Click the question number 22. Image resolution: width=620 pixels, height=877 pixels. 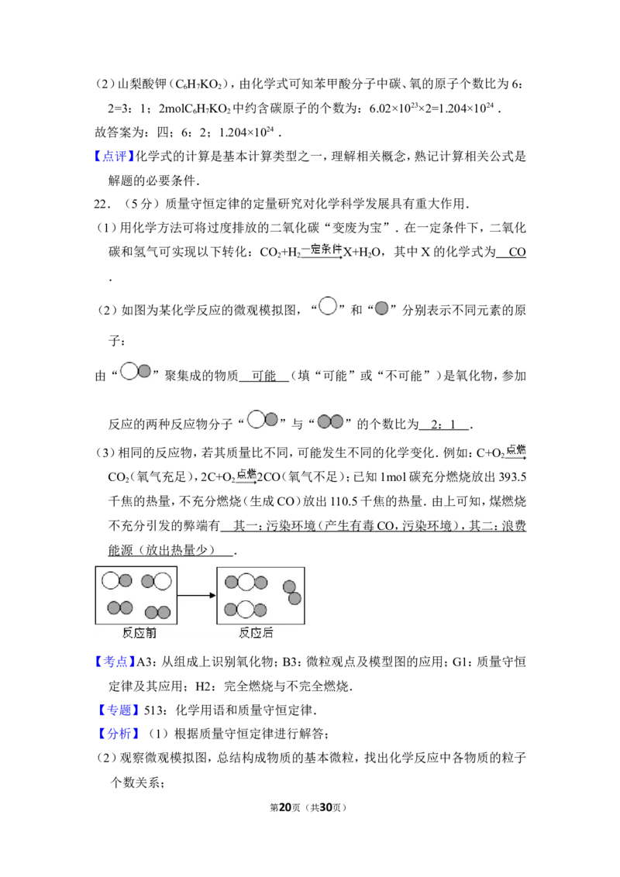tap(102, 205)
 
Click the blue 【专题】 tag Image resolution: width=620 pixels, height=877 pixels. tap(118, 710)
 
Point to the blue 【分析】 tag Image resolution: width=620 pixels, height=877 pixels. tap(118, 734)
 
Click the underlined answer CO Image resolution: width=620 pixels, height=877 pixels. tap(517, 253)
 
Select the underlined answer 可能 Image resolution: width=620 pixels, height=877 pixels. tap(263, 377)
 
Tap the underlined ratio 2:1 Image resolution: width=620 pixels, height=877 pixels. tap(444, 425)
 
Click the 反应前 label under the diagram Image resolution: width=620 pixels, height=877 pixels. tap(139, 633)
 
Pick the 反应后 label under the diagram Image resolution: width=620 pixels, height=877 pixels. tap(256, 633)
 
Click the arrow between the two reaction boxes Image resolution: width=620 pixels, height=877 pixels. tap(196, 595)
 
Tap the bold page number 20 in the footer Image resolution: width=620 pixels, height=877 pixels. tap(285, 807)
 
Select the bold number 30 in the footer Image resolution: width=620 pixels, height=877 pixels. tap(326, 807)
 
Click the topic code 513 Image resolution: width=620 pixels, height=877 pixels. tap(154, 710)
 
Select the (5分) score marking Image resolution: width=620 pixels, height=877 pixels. tap(138, 205)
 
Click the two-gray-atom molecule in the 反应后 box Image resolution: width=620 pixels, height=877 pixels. tap(292, 593)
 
